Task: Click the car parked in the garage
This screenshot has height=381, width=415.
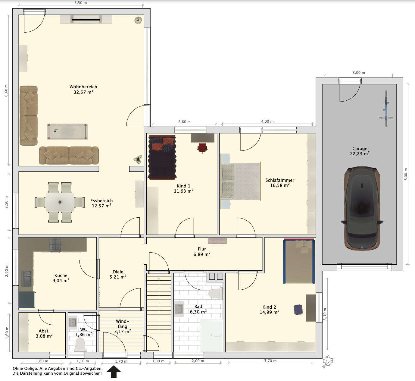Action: click(x=362, y=208)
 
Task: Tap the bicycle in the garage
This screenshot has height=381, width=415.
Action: click(x=386, y=109)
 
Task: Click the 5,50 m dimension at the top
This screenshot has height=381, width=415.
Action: click(x=81, y=3)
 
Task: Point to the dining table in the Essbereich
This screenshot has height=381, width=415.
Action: click(x=60, y=202)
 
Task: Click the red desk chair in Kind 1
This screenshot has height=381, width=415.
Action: click(x=202, y=148)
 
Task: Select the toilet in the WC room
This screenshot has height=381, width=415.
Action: click(x=80, y=345)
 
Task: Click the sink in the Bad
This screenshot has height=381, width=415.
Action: click(x=179, y=309)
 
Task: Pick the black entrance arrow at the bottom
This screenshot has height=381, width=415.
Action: click(x=114, y=372)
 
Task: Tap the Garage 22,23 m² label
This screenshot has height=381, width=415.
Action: click(x=360, y=151)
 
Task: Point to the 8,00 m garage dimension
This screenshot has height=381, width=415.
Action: click(x=406, y=174)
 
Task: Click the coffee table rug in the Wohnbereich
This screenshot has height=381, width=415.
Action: click(x=67, y=131)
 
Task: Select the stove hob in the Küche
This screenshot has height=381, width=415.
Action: click(x=55, y=245)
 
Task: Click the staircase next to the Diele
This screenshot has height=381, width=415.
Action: click(x=159, y=313)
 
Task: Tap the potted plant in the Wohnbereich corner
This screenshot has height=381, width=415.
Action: click(x=138, y=159)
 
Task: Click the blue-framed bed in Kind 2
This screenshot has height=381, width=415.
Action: click(x=299, y=261)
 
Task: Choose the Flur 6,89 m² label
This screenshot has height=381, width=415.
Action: click(x=202, y=252)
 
